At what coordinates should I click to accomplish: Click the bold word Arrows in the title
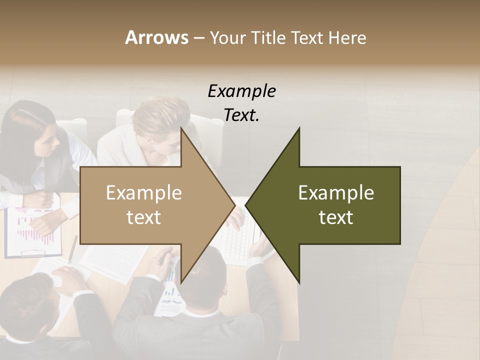coord(156,37)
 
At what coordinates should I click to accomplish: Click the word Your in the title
coord(226,37)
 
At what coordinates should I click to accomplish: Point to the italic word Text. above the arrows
coord(241,115)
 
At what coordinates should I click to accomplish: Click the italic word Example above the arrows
coord(241,91)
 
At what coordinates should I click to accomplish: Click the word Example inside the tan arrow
coord(143,192)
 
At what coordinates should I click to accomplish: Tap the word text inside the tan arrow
coord(143,217)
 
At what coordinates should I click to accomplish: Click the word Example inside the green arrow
coord(336,192)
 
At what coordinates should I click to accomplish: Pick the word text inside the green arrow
coord(336,217)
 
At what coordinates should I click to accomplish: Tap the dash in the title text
coord(198,38)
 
